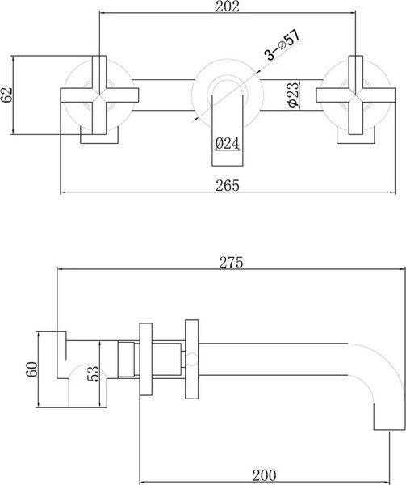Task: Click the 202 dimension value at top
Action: click(x=228, y=6)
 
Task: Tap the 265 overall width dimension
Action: click(x=228, y=185)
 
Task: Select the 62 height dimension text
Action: click(x=6, y=95)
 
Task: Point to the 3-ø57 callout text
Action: click(x=283, y=44)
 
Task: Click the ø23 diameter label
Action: click(x=294, y=94)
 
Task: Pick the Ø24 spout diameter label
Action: click(x=228, y=144)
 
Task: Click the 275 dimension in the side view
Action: click(x=231, y=262)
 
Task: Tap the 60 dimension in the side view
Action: click(x=31, y=369)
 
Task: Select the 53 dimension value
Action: click(x=94, y=373)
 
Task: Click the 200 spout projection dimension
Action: click(x=265, y=475)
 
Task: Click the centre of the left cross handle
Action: click(x=99, y=95)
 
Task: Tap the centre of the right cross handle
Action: click(x=356, y=95)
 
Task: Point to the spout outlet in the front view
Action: click(x=228, y=130)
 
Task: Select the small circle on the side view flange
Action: click(x=191, y=360)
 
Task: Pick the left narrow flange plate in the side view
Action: click(x=146, y=360)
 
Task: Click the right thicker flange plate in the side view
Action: click(x=192, y=359)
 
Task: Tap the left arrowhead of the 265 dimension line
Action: click(x=63, y=192)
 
